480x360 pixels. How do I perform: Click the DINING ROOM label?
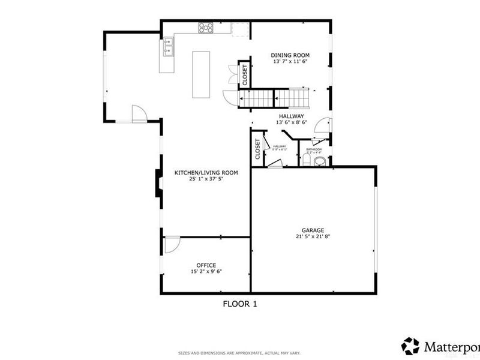tap(290, 55)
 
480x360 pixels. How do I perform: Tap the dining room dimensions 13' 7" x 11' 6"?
tap(290, 62)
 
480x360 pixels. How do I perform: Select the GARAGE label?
tap(313, 230)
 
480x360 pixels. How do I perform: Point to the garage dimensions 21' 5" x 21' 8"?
tap(313, 236)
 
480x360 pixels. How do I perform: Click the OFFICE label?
tap(206, 265)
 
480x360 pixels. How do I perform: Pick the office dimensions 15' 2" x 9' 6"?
tap(206, 272)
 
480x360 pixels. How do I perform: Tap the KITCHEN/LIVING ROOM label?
tap(206, 173)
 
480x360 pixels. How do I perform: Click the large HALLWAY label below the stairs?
tap(291, 116)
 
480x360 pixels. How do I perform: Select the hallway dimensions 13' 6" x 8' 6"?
tap(291, 122)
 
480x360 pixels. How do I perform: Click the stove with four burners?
tap(206, 26)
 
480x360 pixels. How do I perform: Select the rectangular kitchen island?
tap(202, 74)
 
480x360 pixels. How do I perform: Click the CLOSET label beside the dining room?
tap(245, 74)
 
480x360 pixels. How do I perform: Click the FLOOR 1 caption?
tap(240, 304)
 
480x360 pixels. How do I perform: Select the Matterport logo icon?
tap(410, 346)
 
